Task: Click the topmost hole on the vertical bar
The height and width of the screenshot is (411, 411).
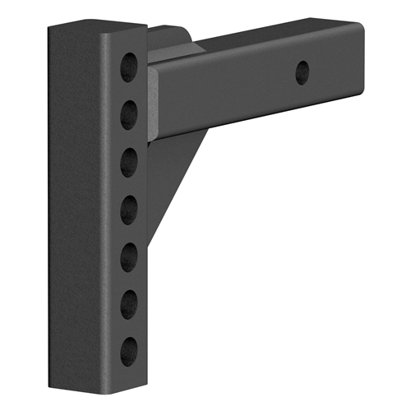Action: coord(130,67)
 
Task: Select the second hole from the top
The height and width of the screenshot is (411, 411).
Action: coord(130,113)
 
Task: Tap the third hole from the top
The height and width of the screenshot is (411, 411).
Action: coord(130,162)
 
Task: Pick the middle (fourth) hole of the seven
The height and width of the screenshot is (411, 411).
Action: coord(130,210)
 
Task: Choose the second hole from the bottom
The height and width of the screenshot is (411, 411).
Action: coord(130,306)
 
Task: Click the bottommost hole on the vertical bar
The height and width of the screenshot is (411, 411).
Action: coord(130,352)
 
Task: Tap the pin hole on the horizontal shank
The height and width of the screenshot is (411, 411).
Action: coord(302,72)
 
